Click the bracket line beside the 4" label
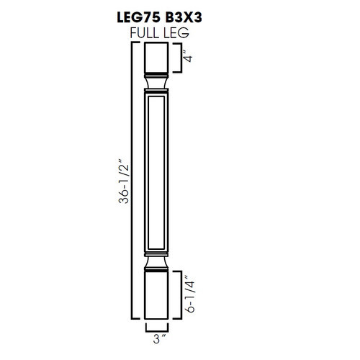tap(179, 58)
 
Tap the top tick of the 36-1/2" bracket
tap(136, 44)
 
